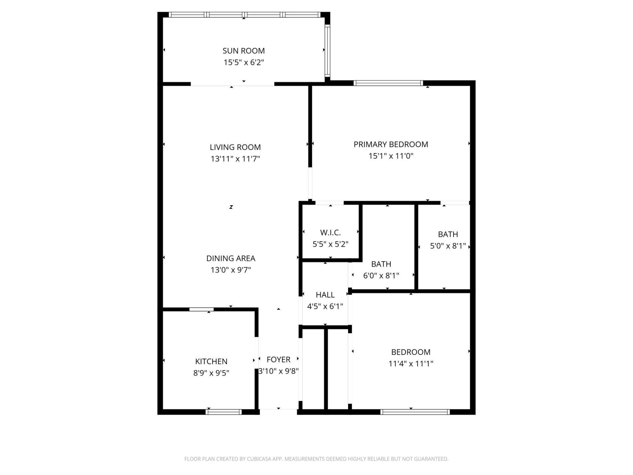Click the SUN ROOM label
pyautogui.click(x=244, y=51)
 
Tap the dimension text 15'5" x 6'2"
pyautogui.click(x=244, y=62)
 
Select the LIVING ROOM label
pyautogui.click(x=235, y=147)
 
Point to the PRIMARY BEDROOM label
pyautogui.click(x=391, y=144)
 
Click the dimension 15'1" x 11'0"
pyautogui.click(x=391, y=156)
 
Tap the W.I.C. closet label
pyautogui.click(x=330, y=233)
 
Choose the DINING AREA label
pyautogui.click(x=231, y=258)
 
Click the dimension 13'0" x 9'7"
pyautogui.click(x=231, y=270)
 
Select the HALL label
pyautogui.click(x=325, y=295)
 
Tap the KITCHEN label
pyautogui.click(x=211, y=361)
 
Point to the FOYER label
pyautogui.click(x=279, y=359)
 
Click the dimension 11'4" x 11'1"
pyautogui.click(x=411, y=364)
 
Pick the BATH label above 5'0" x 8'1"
pyautogui.click(x=448, y=234)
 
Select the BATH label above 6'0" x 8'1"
pyautogui.click(x=381, y=264)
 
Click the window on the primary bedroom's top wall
pyautogui.click(x=388, y=83)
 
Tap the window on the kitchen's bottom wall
pyautogui.click(x=224, y=412)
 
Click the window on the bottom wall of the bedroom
pyautogui.click(x=415, y=412)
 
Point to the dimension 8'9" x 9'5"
pyautogui.click(x=211, y=373)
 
